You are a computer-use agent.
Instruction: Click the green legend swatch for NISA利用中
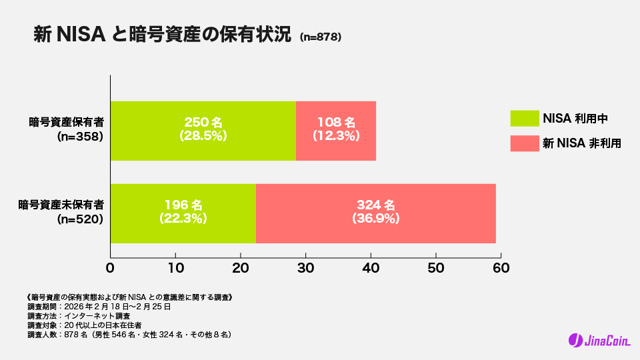(x=524, y=118)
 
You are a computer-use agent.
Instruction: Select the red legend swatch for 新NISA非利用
(x=524, y=143)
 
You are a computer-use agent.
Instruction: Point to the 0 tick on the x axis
(x=111, y=268)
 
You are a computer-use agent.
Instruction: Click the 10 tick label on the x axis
(x=175, y=268)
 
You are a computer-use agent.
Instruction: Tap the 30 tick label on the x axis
(x=305, y=268)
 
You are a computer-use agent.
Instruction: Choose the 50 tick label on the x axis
(x=435, y=268)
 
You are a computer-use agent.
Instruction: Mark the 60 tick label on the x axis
(x=501, y=268)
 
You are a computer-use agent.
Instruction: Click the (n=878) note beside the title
(x=321, y=38)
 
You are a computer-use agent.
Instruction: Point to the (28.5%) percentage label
(x=203, y=135)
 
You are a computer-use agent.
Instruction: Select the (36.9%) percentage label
(x=375, y=218)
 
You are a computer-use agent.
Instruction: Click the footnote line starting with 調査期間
(x=100, y=307)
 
